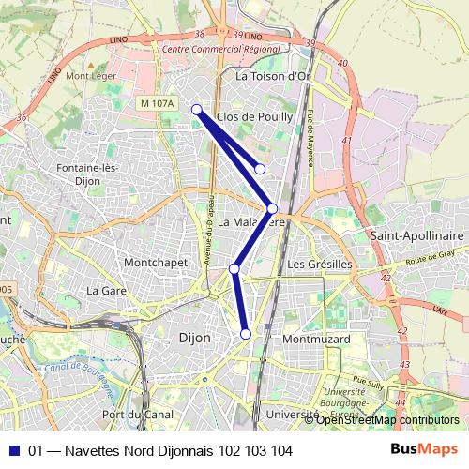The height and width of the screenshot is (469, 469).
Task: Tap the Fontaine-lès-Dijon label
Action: point(91,174)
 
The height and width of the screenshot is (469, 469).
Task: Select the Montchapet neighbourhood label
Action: point(156,263)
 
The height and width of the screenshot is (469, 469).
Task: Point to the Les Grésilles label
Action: point(320,265)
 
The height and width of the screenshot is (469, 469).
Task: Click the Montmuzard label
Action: point(315,339)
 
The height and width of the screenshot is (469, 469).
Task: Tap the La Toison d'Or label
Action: point(273,76)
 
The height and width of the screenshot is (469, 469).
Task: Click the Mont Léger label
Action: point(90,75)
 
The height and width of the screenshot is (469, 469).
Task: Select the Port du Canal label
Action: point(135,415)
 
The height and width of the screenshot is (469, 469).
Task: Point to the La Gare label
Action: point(106,291)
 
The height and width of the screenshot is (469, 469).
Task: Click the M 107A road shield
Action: point(155,102)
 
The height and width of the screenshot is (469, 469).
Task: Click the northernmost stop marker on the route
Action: point(197,110)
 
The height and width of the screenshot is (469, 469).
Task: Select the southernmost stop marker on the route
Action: point(246,334)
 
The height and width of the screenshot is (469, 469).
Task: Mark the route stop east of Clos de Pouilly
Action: point(260,169)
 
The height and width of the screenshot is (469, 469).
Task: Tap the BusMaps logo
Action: point(425,450)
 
